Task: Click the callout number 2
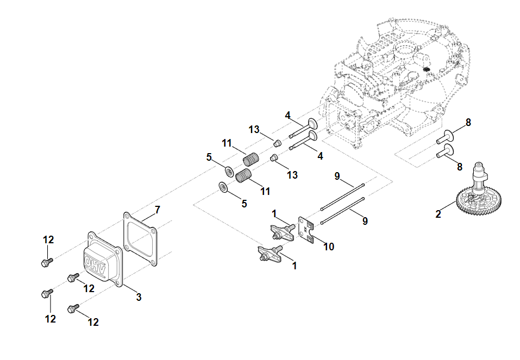click(x=438, y=214)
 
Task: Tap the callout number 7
click(x=158, y=210)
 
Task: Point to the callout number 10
click(x=329, y=247)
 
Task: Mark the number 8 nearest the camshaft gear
click(x=460, y=167)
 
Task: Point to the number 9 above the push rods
click(x=337, y=176)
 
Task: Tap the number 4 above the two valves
click(x=288, y=115)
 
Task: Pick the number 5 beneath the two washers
click(x=244, y=204)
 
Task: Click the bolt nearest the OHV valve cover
click(x=74, y=279)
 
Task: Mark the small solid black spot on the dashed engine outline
click(x=427, y=70)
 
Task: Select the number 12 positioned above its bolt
click(x=49, y=239)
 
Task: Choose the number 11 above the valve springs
click(x=227, y=143)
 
